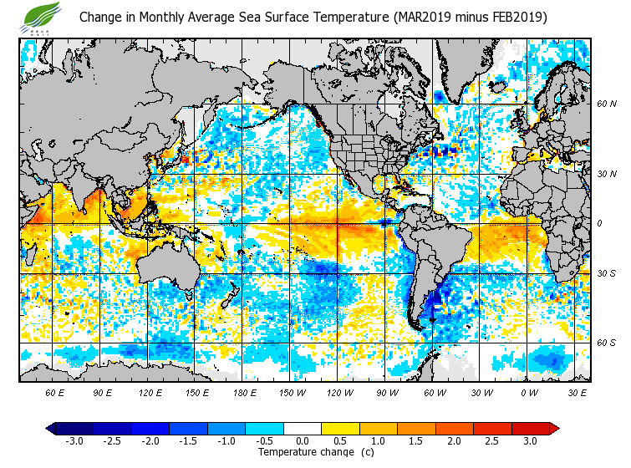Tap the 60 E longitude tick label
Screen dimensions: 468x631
(x=55, y=392)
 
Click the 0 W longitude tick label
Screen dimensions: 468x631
(x=528, y=392)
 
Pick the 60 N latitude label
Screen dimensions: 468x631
(x=607, y=104)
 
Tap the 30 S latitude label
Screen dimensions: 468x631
(x=607, y=273)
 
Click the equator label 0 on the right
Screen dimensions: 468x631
(x=600, y=223)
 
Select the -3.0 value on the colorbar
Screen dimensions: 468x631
(x=74, y=440)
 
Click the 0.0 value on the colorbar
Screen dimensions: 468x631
(x=303, y=440)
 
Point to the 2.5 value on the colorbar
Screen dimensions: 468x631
(x=492, y=440)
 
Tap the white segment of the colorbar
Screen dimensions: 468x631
(x=303, y=429)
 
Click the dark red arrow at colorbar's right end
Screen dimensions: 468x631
(x=553, y=429)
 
